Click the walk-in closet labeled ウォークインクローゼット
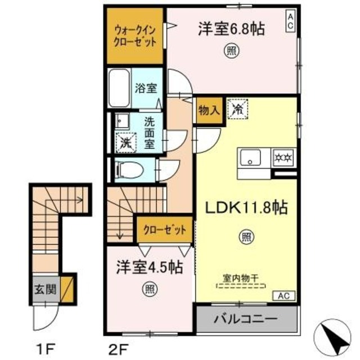click(x=135, y=36)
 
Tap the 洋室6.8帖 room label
click(x=231, y=29)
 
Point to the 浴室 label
click(x=148, y=88)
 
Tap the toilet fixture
click(x=128, y=168)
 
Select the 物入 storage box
click(x=208, y=110)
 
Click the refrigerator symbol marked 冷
click(x=236, y=109)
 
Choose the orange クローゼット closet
click(x=163, y=229)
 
